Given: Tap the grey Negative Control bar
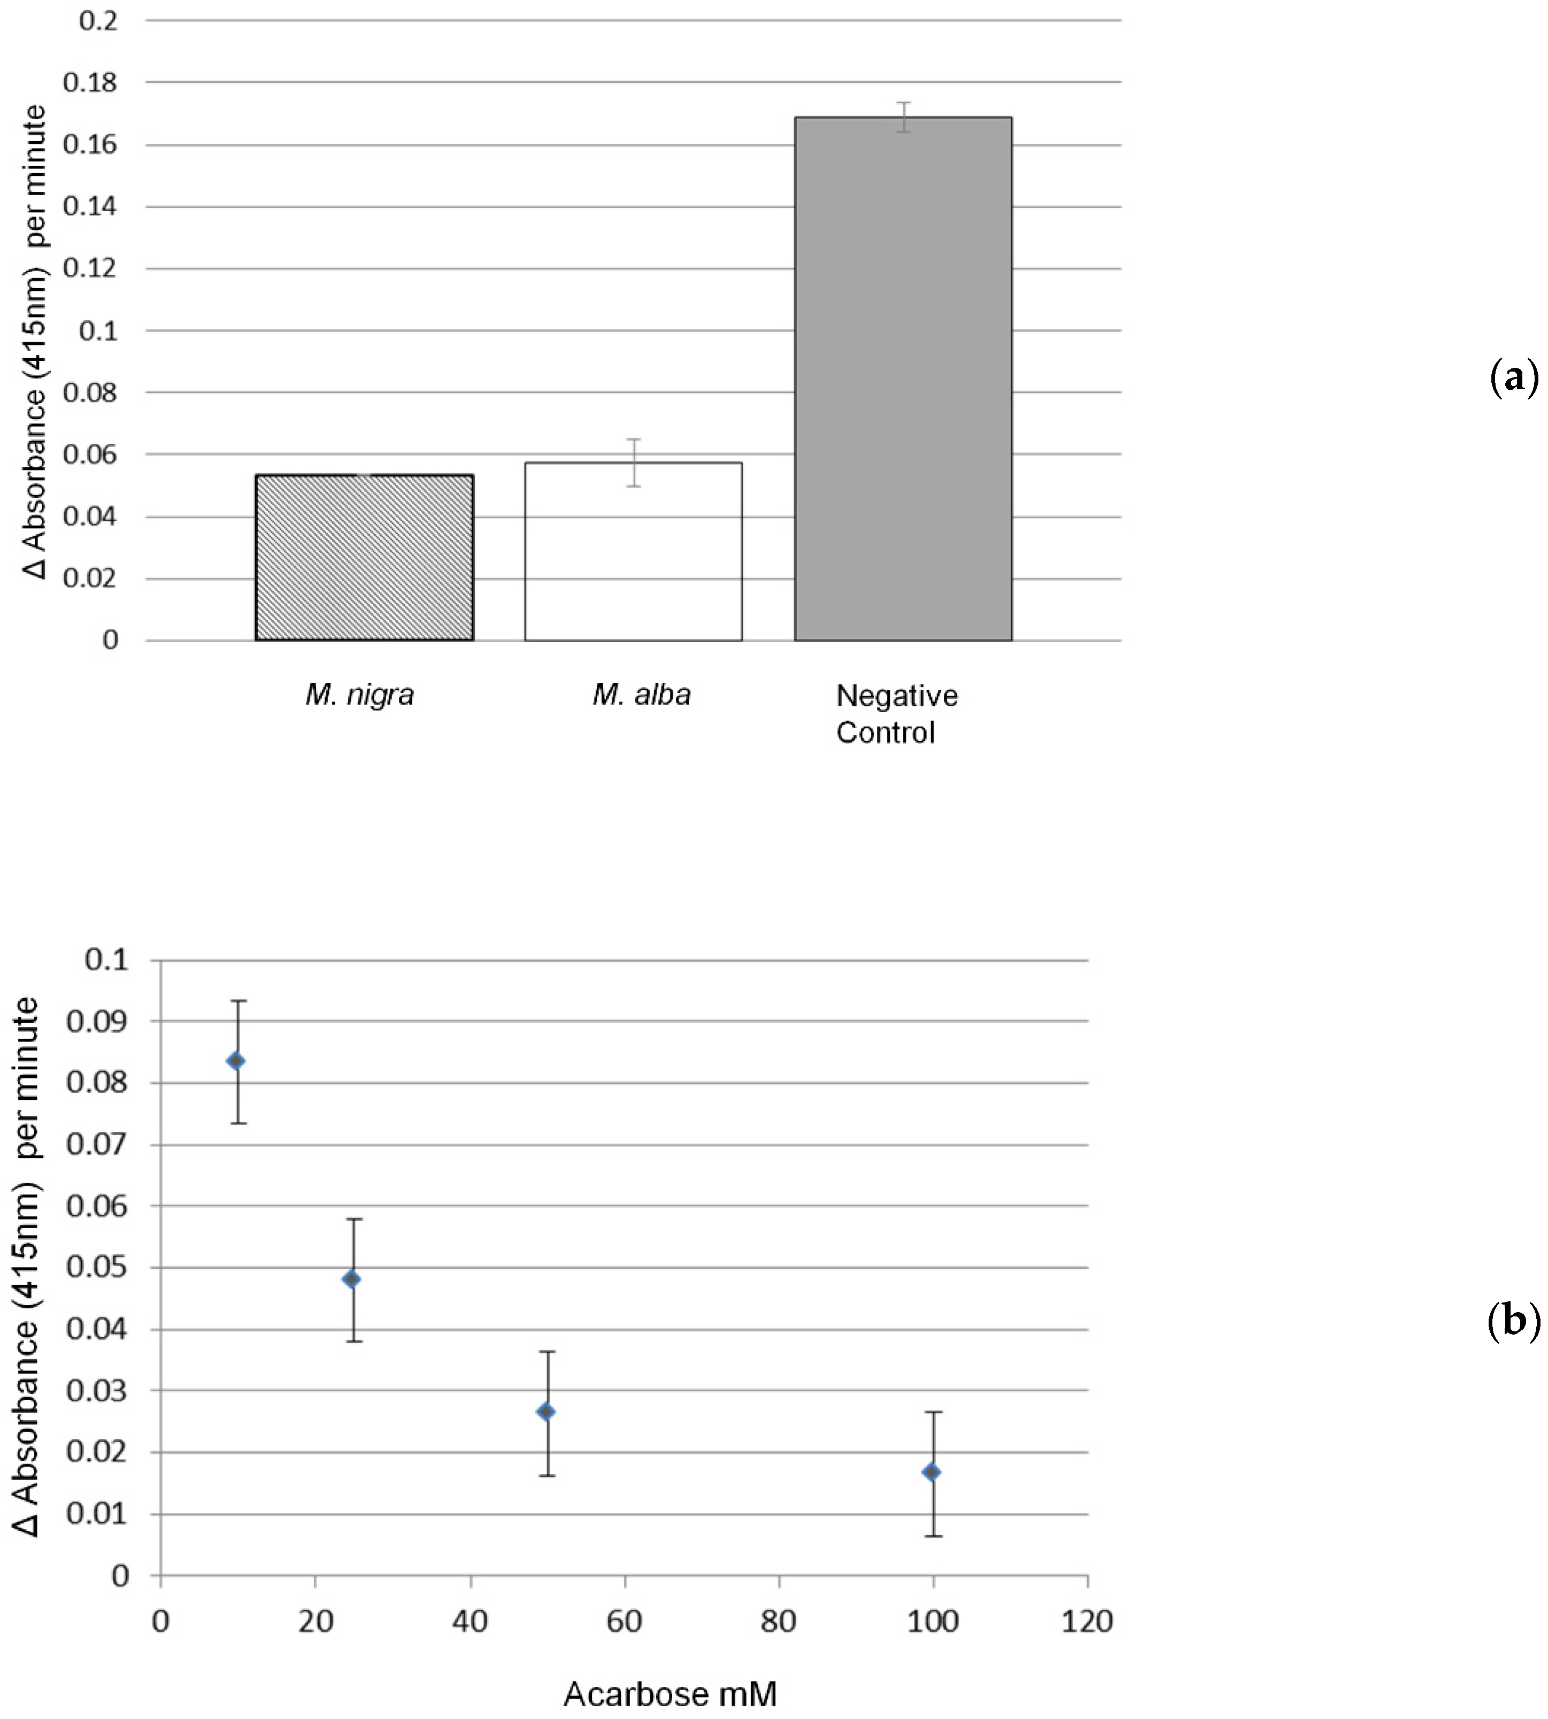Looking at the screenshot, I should pyautogui.click(x=903, y=379).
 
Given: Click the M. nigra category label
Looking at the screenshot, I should pyautogui.click(x=360, y=695).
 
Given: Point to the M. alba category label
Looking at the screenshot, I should pyautogui.click(x=641, y=695).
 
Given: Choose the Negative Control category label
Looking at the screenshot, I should pyautogui.click(x=897, y=714).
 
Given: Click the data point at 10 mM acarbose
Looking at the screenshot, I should pyautogui.click(x=236, y=1061).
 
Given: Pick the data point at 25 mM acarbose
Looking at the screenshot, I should pyautogui.click(x=351, y=1279).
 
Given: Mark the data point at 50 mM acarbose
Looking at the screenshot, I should pyautogui.click(x=546, y=1412).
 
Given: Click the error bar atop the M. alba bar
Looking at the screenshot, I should pyautogui.click(x=634, y=462).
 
